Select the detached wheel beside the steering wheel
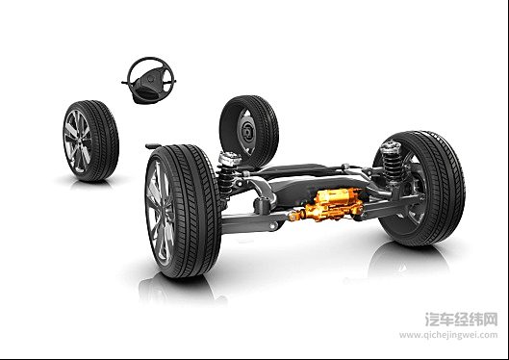(x=90, y=141)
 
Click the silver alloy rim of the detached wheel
(x=77, y=141)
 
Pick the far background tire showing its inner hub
(x=249, y=131)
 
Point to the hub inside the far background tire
(x=247, y=132)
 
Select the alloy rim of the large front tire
(x=159, y=213)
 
